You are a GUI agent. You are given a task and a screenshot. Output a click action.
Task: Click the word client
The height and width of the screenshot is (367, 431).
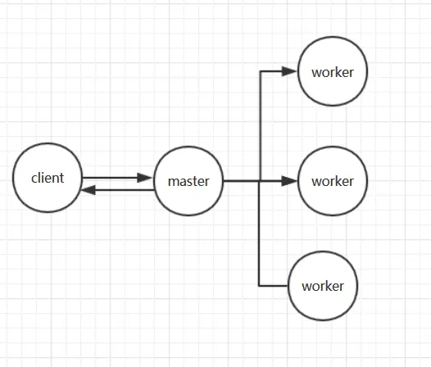(x=48, y=178)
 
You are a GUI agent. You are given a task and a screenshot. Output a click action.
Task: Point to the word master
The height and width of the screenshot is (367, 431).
(x=188, y=181)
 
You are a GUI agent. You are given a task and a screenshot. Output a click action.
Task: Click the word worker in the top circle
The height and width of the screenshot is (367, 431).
(x=333, y=72)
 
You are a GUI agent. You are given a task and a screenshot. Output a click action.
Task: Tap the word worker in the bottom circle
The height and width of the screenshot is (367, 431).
(x=323, y=286)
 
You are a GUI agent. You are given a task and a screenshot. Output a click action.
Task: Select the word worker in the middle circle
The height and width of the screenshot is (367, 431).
(x=333, y=181)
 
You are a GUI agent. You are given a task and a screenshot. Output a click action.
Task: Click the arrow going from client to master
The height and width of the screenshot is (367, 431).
(x=117, y=178)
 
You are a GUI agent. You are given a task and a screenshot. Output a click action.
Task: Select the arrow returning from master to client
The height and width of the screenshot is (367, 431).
(x=118, y=190)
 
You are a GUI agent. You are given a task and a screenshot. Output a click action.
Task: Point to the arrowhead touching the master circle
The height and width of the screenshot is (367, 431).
(x=144, y=178)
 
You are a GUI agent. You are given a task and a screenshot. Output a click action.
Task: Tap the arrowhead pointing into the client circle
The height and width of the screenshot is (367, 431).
(x=88, y=190)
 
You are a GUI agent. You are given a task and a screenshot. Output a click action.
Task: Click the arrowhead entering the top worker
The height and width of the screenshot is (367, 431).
(x=289, y=71)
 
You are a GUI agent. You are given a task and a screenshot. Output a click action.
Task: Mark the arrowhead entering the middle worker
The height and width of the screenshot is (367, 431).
(x=289, y=181)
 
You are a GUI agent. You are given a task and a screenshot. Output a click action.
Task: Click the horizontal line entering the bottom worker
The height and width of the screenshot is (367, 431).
(x=273, y=286)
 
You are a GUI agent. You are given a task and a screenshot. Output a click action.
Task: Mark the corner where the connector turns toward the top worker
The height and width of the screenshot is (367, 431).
(x=261, y=71)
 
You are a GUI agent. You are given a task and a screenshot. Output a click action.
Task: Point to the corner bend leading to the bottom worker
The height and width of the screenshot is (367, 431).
(x=259, y=286)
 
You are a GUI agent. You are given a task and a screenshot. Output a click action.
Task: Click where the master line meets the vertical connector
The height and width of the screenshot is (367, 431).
(x=260, y=181)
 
